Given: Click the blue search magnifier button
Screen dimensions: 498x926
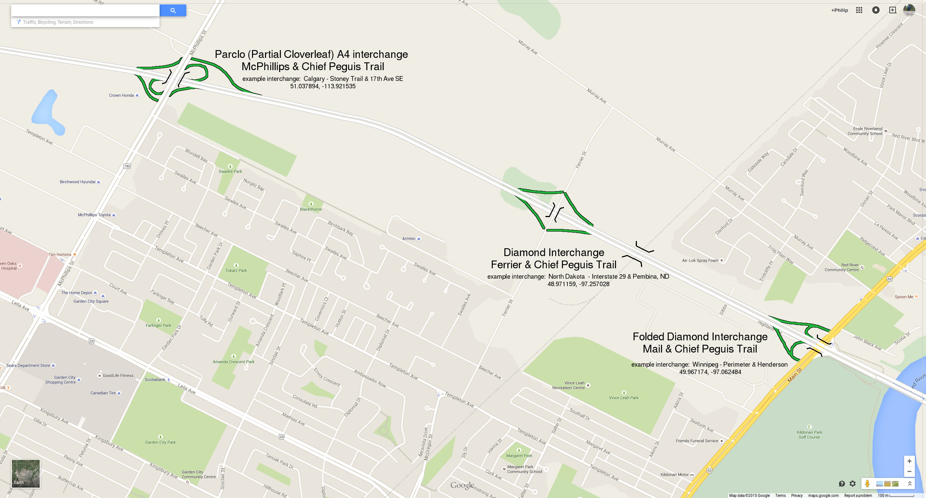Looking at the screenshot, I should click(173, 10).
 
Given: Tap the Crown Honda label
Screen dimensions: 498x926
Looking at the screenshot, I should click(121, 95).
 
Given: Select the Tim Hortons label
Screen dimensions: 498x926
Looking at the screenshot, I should click(60, 255).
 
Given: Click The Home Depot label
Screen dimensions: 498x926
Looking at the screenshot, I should click(76, 293).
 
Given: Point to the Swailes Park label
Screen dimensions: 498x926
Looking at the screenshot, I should click(230, 171).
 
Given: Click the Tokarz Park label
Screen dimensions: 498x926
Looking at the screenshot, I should click(236, 271).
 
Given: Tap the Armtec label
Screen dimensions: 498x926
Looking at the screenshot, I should click(409, 239).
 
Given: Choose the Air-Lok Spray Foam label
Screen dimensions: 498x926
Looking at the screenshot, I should click(700, 261).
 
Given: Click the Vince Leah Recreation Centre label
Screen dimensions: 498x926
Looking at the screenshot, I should click(568, 385).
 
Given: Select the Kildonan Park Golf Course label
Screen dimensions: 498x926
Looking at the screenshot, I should click(809, 435).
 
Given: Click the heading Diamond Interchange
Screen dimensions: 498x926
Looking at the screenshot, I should click(554, 253).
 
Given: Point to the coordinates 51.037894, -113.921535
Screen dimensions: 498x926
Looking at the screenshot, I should click(323, 86).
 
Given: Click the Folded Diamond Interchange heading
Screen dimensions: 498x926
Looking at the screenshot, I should click(700, 337).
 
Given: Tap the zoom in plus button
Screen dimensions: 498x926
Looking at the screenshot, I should click(909, 461).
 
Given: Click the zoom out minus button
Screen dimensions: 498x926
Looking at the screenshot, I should click(909, 471).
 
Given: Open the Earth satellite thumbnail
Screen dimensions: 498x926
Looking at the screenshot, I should click(26, 474).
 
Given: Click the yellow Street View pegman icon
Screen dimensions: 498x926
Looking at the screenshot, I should click(867, 484).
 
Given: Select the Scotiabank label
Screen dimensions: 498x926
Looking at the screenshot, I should click(155, 380).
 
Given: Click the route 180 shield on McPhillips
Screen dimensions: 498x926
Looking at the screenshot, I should click(127, 166).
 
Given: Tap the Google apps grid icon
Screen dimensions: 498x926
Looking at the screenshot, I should click(859, 10).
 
